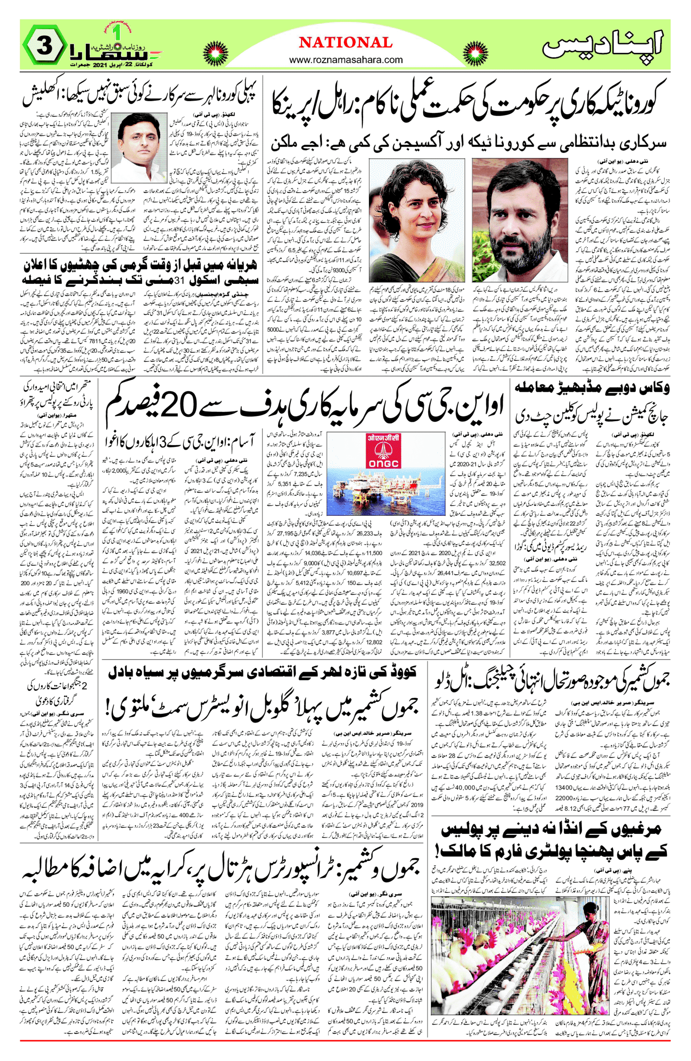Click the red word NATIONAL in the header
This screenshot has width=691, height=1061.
(346, 43)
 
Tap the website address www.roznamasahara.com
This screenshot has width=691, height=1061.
(346, 60)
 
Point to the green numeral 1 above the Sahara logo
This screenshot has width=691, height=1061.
(117, 33)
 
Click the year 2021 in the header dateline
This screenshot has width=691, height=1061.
(100, 65)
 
